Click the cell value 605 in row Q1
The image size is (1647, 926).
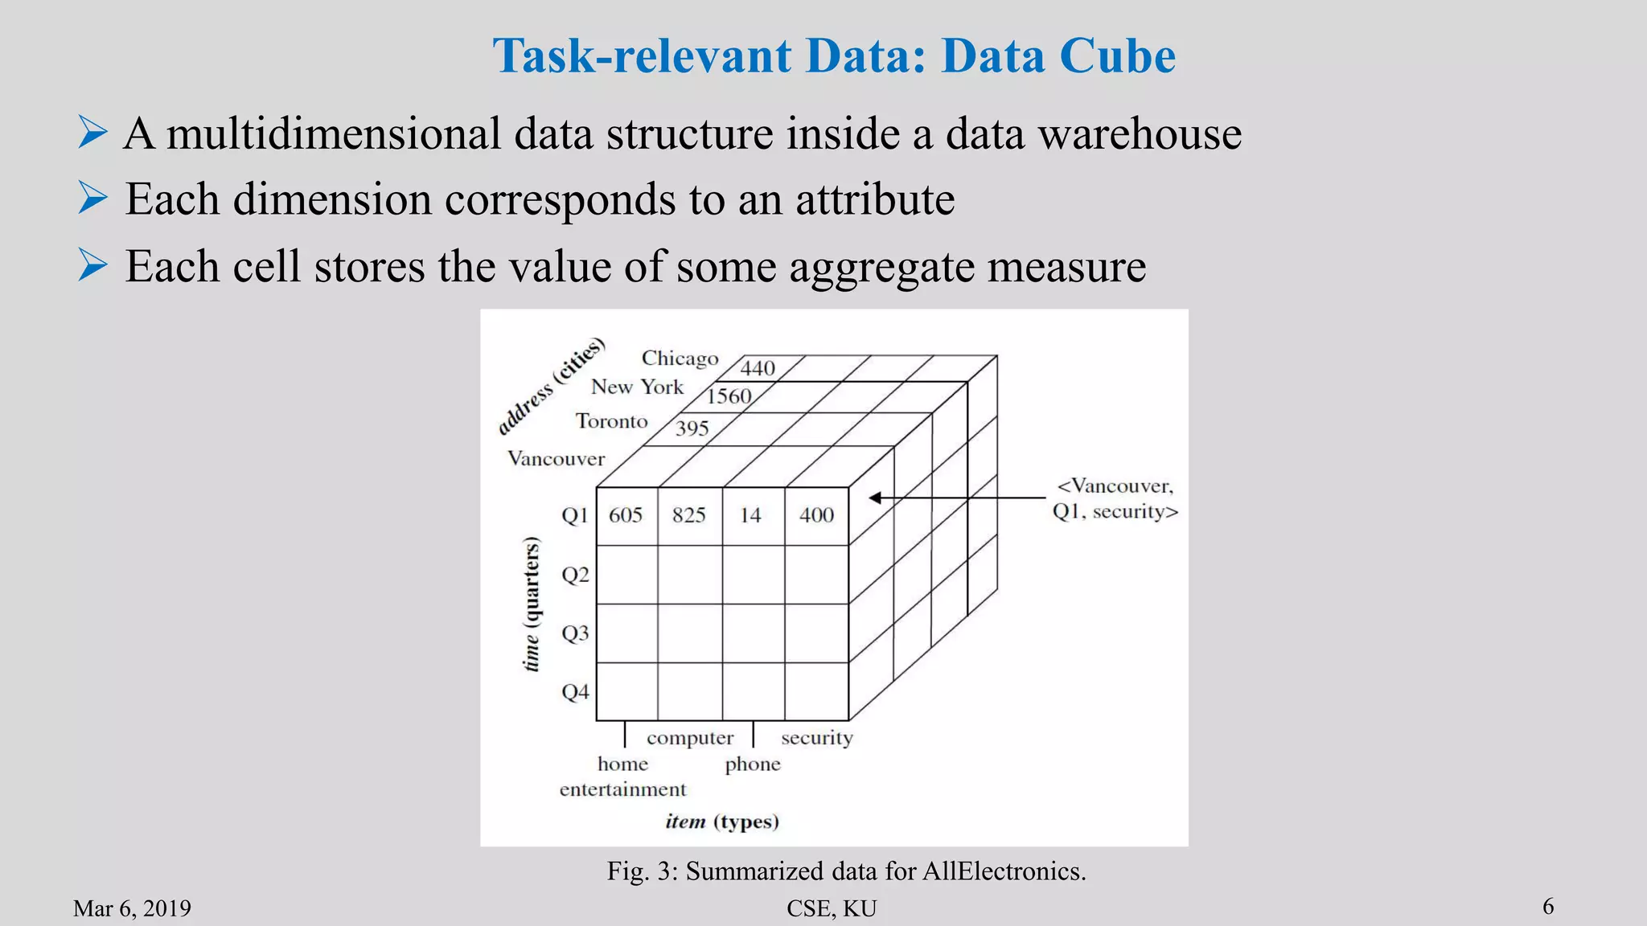[626, 515]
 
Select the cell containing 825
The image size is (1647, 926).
[689, 515]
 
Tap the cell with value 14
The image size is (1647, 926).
[750, 515]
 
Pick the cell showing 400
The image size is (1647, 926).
[816, 515]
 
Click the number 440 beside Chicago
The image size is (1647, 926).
[758, 368]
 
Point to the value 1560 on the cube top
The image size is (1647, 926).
[729, 396]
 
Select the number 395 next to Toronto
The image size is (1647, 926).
[692, 428]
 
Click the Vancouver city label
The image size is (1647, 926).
[556, 459]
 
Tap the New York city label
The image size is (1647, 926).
[637, 387]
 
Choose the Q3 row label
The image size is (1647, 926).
[575, 633]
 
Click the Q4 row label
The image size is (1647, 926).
[575, 692]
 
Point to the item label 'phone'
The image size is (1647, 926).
[753, 764]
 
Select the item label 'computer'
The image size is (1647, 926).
[690, 738]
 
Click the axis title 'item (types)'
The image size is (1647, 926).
[722, 822]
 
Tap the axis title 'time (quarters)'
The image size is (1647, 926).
[532, 604]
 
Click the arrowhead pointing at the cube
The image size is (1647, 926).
[876, 498]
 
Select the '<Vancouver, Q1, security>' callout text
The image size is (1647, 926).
[1115, 498]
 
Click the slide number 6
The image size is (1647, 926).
[1548, 907]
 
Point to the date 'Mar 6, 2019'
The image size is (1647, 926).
[132, 908]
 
